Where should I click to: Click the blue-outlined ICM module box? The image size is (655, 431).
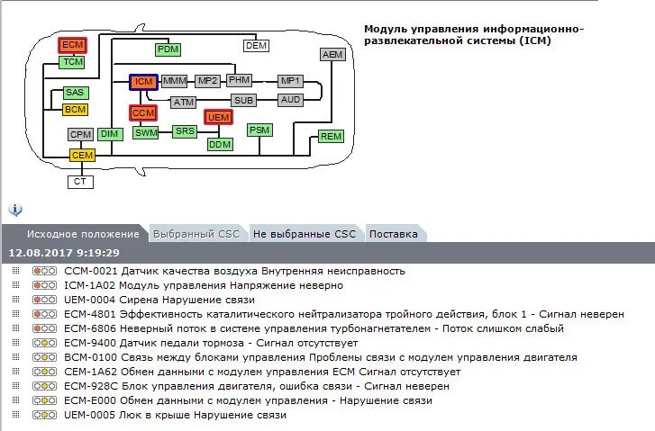point(143,82)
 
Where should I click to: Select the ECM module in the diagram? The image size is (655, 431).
point(73,45)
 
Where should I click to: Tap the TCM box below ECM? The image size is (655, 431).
point(73,62)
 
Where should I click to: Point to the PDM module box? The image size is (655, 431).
point(168,49)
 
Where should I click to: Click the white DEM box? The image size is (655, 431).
point(257,45)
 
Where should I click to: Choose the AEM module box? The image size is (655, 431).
point(332,55)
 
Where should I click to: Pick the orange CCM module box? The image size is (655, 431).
point(143,113)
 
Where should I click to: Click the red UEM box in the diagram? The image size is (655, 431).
point(218,118)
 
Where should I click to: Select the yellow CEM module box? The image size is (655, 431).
point(82,156)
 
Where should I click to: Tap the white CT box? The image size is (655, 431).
point(81,182)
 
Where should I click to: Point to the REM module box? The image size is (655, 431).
point(331,137)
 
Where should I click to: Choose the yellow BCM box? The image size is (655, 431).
point(76,110)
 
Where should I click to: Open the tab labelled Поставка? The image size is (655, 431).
point(394,234)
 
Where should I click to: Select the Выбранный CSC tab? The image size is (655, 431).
point(196,234)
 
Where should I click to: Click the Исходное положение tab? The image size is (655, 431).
point(83,234)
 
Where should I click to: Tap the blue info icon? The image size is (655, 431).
point(15,209)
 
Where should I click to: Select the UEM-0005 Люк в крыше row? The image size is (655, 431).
point(175,415)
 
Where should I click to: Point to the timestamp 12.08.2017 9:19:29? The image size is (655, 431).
point(64,253)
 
